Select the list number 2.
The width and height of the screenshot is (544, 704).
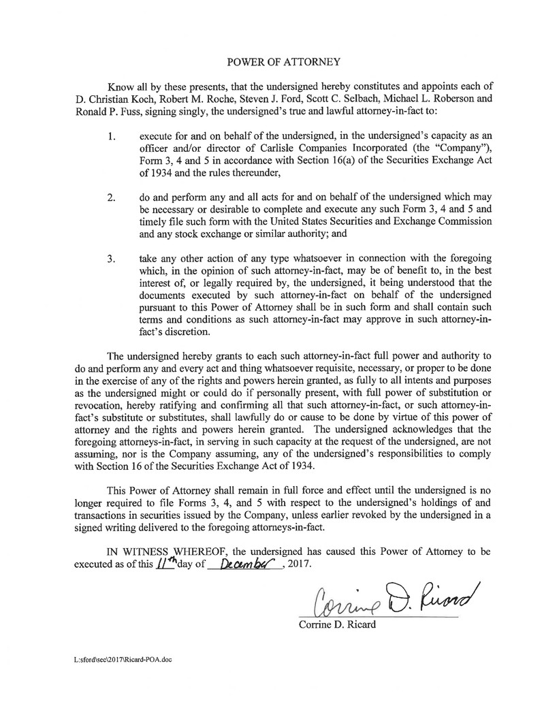tap(112, 198)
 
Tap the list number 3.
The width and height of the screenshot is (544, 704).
tap(112, 259)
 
